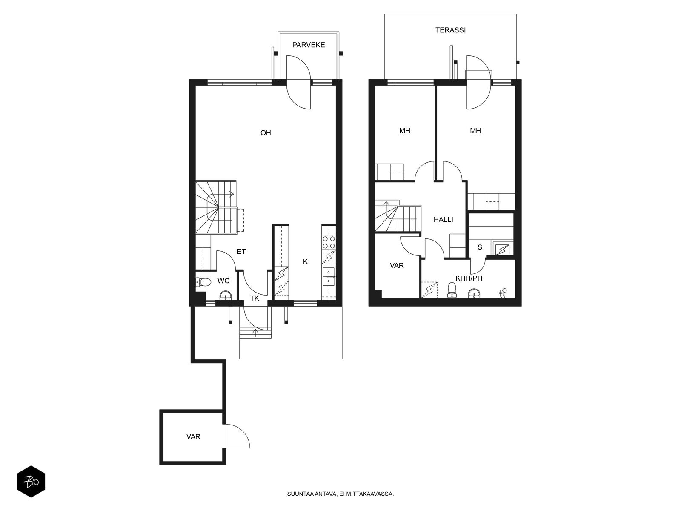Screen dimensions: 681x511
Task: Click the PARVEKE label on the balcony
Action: pos(309,45)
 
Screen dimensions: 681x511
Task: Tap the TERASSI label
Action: pos(450,30)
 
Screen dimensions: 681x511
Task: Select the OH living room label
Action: pos(266,133)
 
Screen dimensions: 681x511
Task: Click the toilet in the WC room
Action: pos(203,282)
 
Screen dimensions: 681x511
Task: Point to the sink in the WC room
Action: pos(225,295)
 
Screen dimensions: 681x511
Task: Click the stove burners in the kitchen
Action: pos(329,242)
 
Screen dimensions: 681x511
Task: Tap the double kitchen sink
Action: pos(329,276)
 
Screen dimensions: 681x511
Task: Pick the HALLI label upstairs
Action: pos(443,220)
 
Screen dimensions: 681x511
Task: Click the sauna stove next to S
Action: pos(502,250)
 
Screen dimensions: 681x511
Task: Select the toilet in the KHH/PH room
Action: pos(452,290)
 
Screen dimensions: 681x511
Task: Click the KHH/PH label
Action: pos(469,278)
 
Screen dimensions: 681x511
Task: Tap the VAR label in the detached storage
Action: pos(193,437)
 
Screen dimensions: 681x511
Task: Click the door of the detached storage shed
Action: pos(237,436)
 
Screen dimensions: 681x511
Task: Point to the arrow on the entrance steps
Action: pos(255,333)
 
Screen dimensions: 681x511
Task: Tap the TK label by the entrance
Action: pos(255,299)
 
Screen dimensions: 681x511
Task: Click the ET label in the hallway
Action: pos(241,252)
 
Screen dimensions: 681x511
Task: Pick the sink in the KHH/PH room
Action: pos(474,293)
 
